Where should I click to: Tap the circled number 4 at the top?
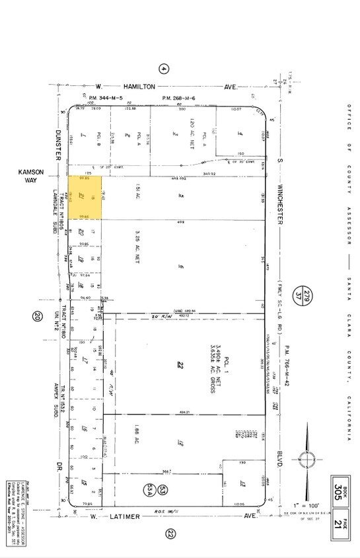point(164,69)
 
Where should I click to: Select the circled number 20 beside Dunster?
point(37,317)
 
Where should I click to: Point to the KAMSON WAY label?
point(31,176)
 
